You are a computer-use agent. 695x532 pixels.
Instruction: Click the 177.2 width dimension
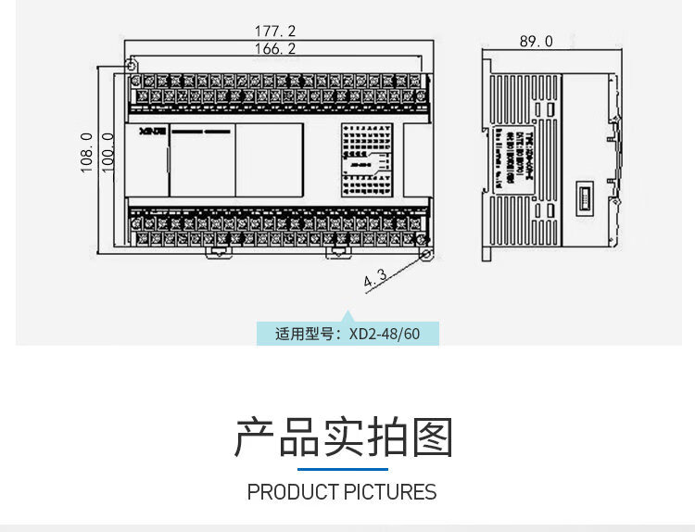pyautogui.click(x=275, y=32)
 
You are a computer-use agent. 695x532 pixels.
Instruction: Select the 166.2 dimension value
pyautogui.click(x=275, y=49)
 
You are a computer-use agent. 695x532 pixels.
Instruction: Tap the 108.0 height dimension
pyautogui.click(x=86, y=153)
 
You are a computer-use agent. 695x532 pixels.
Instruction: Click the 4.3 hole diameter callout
pyautogui.click(x=375, y=277)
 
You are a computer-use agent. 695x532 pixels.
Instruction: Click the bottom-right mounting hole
pyautogui.click(x=425, y=253)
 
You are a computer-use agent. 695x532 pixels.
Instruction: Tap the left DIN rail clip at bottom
pyautogui.click(x=220, y=251)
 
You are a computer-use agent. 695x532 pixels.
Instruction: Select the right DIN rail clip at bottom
pyautogui.click(x=335, y=251)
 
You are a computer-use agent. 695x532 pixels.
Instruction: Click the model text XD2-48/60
pyautogui.click(x=385, y=334)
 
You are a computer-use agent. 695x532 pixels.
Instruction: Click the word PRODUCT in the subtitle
pyautogui.click(x=292, y=492)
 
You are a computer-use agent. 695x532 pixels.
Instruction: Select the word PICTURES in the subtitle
pyautogui.click(x=389, y=492)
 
